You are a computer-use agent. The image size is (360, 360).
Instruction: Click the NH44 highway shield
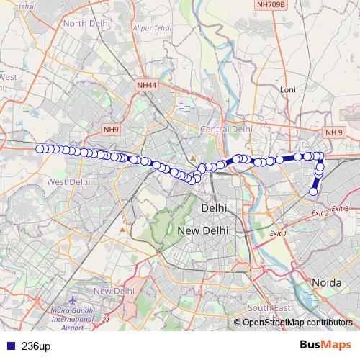[146, 85]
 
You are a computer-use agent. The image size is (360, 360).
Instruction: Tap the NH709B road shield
[271, 4]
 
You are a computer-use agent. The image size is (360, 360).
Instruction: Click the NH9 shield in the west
[110, 130]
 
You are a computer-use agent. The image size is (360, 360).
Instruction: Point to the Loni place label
[288, 90]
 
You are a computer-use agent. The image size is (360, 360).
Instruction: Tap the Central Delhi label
[227, 129]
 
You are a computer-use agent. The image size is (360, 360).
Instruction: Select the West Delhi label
[68, 182]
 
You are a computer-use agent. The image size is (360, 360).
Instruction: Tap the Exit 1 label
[278, 234]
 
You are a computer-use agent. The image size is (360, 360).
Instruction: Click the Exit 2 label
[320, 213]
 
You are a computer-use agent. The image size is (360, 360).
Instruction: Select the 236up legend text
[36, 346]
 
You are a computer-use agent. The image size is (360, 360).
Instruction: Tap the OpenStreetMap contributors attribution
[297, 322]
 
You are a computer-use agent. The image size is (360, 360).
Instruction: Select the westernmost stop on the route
[39, 149]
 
